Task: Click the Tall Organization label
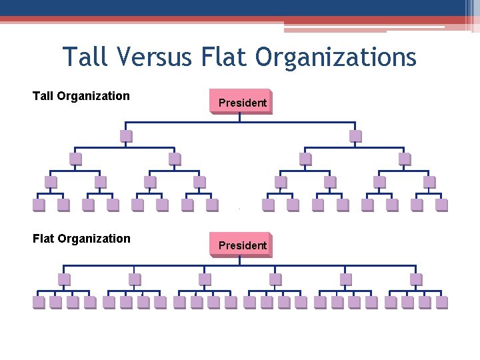81,96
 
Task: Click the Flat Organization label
81,239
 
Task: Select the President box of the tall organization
241,102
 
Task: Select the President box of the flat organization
241,245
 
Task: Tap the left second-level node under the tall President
125,136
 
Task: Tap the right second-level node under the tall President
355,136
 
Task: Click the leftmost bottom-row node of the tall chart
39,205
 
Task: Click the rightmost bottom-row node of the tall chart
441,205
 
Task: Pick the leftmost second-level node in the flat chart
64,279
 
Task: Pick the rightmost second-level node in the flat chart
416,279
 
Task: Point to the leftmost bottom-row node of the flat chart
39,302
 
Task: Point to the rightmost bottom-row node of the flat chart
441,302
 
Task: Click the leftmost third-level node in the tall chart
75,159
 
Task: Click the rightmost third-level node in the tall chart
405,159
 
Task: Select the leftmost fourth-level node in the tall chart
51,181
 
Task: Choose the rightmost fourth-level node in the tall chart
429,181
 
